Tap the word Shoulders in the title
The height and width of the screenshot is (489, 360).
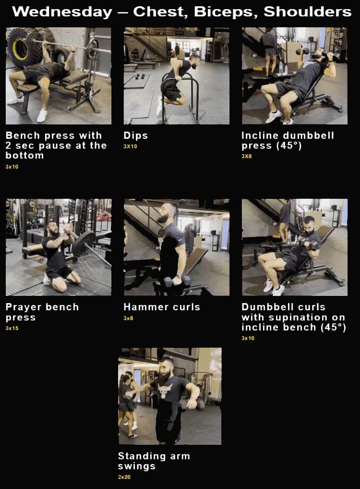click(x=307, y=12)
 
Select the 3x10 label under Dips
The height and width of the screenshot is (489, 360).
click(x=130, y=146)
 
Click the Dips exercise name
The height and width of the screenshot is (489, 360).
click(x=135, y=136)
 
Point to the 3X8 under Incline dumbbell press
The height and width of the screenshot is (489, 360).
click(x=247, y=156)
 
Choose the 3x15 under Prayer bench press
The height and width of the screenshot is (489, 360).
click(x=12, y=328)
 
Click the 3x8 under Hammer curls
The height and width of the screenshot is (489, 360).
click(x=129, y=318)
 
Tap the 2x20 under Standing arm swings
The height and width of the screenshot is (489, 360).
click(x=124, y=477)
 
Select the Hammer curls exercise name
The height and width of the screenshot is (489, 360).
click(x=162, y=307)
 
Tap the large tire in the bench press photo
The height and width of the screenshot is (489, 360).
click(x=19, y=46)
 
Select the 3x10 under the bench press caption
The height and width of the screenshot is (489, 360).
click(x=12, y=167)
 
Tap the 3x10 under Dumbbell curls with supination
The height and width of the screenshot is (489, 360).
click(x=248, y=338)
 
